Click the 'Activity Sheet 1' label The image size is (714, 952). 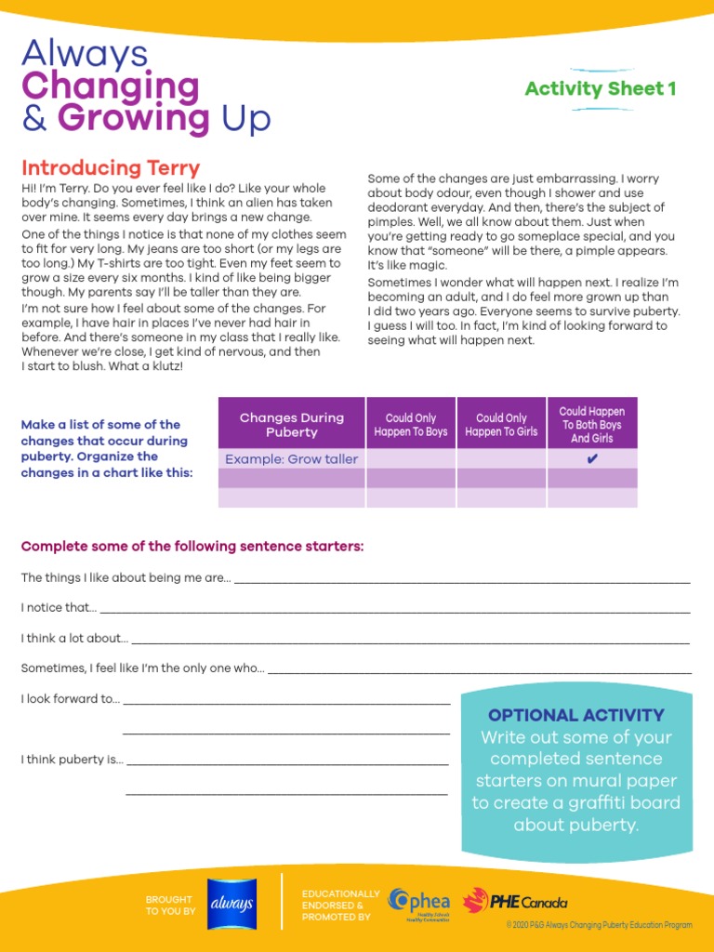pyautogui.click(x=600, y=89)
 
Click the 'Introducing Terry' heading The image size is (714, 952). pyautogui.click(x=111, y=168)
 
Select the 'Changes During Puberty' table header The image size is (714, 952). pyautogui.click(x=291, y=425)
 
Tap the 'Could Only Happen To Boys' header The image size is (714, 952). pyautogui.click(x=410, y=425)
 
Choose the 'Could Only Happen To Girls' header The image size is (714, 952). pyautogui.click(x=501, y=425)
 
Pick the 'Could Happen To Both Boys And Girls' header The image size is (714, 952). pyautogui.click(x=592, y=425)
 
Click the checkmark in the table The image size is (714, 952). pyautogui.click(x=592, y=459)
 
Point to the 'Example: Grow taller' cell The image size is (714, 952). pyautogui.click(x=291, y=459)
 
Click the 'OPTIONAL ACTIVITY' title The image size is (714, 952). pyautogui.click(x=576, y=715)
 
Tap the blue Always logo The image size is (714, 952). pyautogui.click(x=228, y=903)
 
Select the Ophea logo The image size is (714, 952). pyautogui.click(x=421, y=903)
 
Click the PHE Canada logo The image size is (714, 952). pyautogui.click(x=515, y=901)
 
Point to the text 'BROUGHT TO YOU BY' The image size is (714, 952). pyautogui.click(x=170, y=905)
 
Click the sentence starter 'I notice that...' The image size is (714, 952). pyautogui.click(x=59, y=607)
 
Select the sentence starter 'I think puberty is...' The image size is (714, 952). pyautogui.click(x=72, y=760)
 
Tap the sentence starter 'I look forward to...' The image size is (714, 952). pyautogui.click(x=71, y=698)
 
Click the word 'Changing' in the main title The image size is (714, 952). pyautogui.click(x=110, y=86)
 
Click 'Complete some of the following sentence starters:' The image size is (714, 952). pyautogui.click(x=192, y=546)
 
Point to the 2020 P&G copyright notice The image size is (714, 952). pyautogui.click(x=599, y=925)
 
